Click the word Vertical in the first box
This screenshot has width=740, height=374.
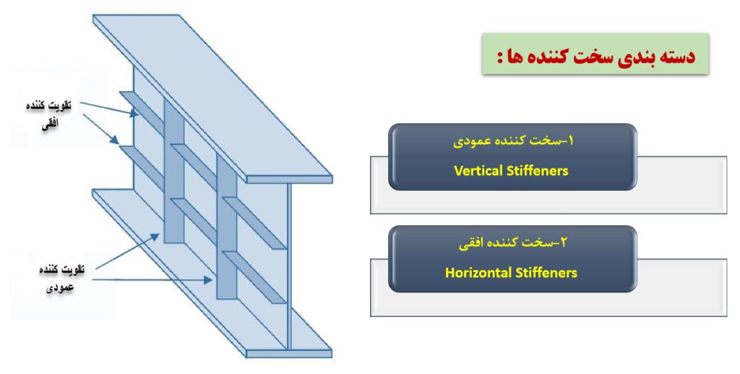(x=476, y=171)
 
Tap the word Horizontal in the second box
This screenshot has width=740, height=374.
(x=478, y=273)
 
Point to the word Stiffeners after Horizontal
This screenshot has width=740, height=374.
(x=546, y=273)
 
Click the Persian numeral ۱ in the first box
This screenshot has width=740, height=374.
(x=569, y=140)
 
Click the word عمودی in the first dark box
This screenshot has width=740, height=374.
(x=468, y=142)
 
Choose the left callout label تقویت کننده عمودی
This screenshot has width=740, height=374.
(x=61, y=278)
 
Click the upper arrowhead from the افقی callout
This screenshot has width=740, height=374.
(x=135, y=114)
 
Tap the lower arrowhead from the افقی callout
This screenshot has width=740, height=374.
(x=115, y=140)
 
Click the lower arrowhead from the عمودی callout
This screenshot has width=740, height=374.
(x=207, y=280)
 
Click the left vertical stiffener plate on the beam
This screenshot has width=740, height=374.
(x=173, y=170)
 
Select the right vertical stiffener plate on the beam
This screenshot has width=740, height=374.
(x=226, y=225)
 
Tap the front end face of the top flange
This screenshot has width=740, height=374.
(x=289, y=179)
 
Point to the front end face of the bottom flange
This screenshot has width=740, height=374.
(x=289, y=354)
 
